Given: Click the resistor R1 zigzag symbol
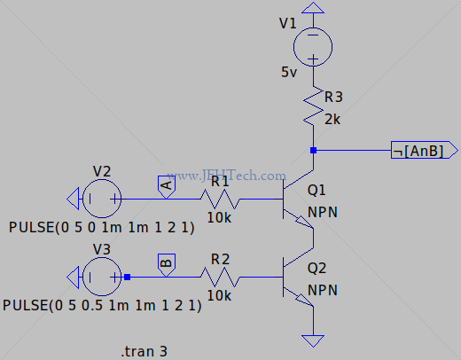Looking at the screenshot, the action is (220, 199).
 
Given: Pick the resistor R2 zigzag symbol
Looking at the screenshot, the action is (220, 277).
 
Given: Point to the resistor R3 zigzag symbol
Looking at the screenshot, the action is (313, 106).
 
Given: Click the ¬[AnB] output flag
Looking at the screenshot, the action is (425, 150).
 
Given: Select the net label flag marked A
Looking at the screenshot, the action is (167, 187).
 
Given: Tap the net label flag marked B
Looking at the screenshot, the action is (167, 265).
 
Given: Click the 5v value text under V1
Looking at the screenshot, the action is (289, 72).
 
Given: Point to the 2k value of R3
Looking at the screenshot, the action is (332, 120).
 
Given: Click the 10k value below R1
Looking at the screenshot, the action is (219, 218).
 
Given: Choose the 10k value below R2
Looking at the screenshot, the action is (219, 295).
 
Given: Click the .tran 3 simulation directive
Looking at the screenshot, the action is (145, 352).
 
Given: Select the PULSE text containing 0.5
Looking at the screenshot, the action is (102, 305).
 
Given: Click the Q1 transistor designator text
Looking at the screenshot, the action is (316, 190).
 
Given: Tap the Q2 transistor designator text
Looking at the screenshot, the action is (316, 268).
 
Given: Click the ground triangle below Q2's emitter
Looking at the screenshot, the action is (313, 340).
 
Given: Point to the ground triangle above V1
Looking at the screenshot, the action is (313, 8).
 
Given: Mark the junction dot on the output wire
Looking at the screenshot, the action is (313, 150).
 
